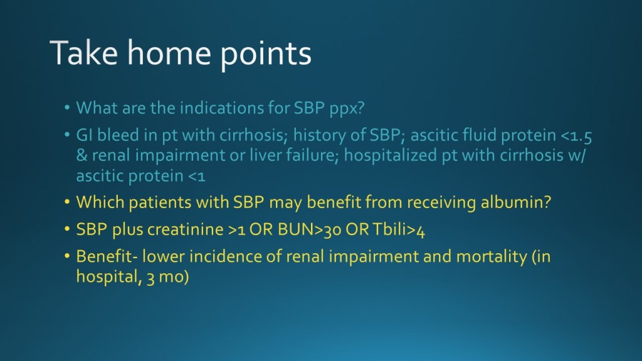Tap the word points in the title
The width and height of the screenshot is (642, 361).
[266, 55]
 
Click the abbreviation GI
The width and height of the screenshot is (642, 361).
[84, 135]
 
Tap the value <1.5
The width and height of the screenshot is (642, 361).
[576, 136]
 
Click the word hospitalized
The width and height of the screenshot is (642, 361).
[391, 156]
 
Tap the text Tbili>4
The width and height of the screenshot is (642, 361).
[399, 230]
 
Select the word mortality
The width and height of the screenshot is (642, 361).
[492, 257]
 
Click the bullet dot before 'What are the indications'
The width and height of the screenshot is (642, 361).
[67, 108]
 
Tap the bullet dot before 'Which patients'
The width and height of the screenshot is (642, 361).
[67, 202]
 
